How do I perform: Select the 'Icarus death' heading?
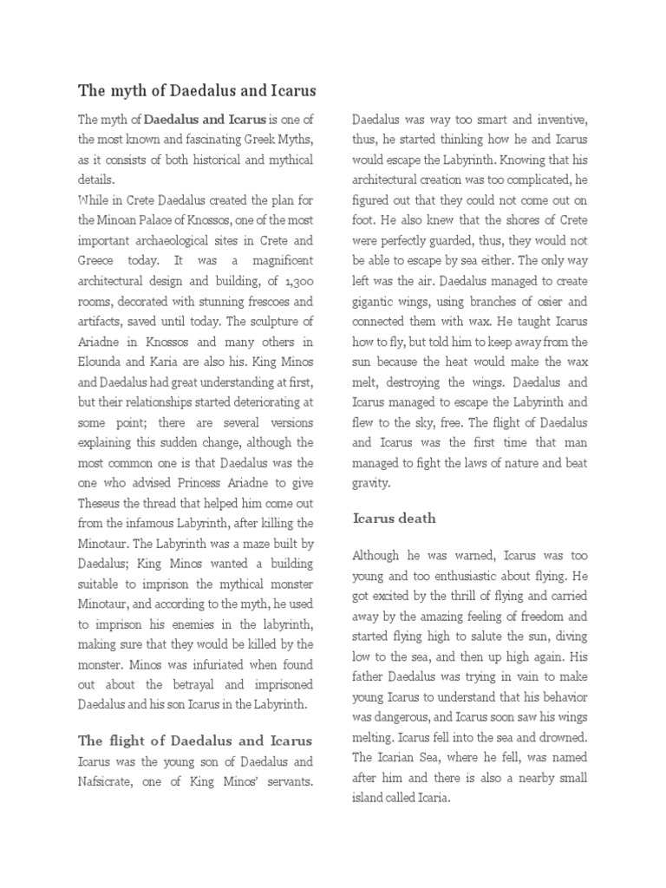tap(395, 519)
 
